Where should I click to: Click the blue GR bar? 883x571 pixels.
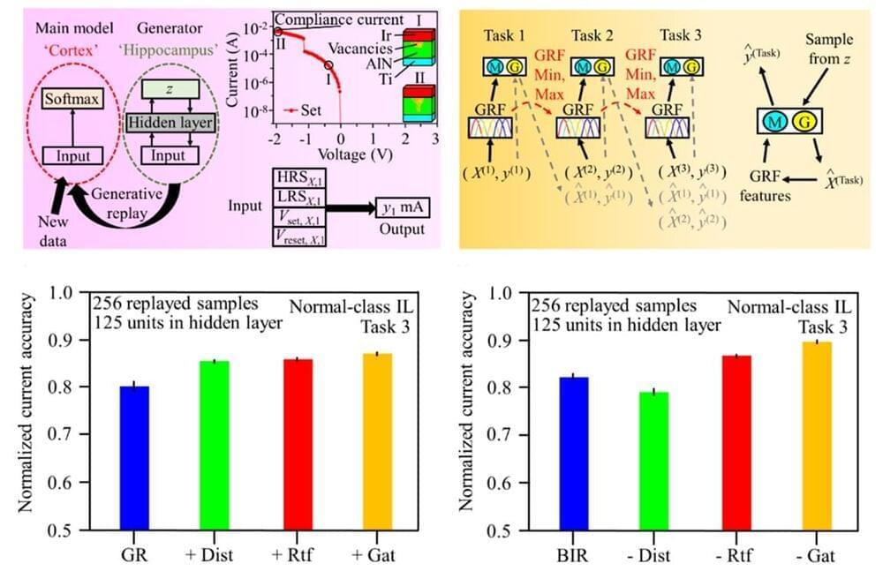coord(134,458)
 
